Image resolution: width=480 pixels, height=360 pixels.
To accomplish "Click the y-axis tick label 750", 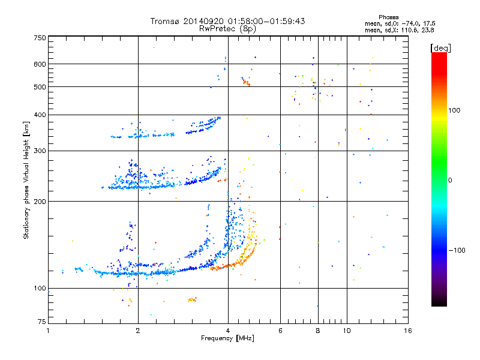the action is [40, 38].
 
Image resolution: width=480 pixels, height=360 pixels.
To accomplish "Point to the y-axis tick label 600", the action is [40, 64].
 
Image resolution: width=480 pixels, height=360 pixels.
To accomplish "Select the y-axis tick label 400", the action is [40, 115].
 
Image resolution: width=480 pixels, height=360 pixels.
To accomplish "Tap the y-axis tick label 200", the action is [40, 202].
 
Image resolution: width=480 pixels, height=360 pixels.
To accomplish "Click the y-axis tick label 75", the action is [42, 322].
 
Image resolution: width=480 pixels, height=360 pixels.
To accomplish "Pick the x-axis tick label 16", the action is [408, 331].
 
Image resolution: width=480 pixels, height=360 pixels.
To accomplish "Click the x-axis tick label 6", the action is [280, 331].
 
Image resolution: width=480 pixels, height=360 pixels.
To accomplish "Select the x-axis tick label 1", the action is [48, 331].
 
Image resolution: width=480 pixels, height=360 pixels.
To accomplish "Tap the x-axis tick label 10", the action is [347, 331].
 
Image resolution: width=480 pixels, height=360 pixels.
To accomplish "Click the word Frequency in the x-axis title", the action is [217, 338].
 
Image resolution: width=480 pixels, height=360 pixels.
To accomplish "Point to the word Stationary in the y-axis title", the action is [26, 223].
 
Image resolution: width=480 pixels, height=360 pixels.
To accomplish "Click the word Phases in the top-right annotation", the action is [388, 17].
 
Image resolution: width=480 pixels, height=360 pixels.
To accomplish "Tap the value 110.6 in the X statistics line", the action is [409, 31].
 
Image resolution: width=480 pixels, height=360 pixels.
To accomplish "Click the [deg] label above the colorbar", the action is [440, 48].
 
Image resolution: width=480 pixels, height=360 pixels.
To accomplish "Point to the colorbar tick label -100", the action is [457, 250].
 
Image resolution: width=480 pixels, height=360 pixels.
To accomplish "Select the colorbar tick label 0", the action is [450, 181].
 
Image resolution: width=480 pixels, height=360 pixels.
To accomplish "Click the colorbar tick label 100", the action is [454, 110].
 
